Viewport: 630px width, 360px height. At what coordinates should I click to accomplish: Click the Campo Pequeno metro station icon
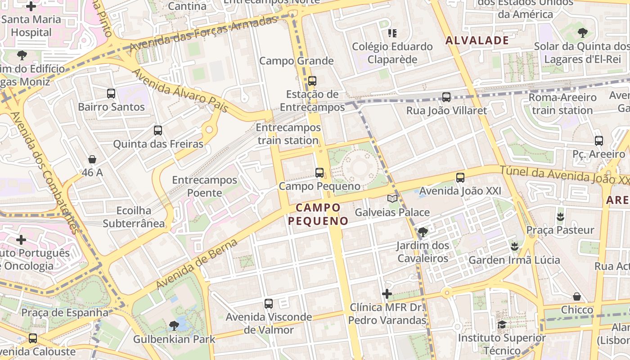pos(319,172)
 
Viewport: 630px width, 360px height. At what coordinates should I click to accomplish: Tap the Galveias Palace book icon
pos(392,198)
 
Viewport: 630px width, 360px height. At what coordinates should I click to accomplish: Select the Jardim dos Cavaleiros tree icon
pos(423,232)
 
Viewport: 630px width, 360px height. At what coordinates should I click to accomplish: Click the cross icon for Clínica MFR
pos(387,294)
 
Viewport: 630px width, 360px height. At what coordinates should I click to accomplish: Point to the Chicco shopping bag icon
pos(577,297)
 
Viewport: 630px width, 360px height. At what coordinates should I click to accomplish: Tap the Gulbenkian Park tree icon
pos(174,325)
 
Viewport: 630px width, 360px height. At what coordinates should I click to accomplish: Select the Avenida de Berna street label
pos(197,264)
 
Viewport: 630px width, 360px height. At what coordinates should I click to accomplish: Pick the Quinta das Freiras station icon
pos(157,130)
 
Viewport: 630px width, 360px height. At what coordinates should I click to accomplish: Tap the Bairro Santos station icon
pos(111,94)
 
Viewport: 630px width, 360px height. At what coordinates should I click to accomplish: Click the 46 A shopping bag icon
pos(92,159)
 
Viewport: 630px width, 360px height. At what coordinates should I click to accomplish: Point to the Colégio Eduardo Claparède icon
pos(392,33)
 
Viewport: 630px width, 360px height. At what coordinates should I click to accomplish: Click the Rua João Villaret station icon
pos(446,97)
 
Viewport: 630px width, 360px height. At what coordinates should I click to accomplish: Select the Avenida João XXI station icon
pos(460,178)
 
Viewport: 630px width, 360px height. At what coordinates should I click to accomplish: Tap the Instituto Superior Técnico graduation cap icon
pos(502,324)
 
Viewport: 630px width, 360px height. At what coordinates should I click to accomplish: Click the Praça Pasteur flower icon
pos(560,217)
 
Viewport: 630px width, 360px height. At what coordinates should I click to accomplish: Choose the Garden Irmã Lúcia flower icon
pos(514,247)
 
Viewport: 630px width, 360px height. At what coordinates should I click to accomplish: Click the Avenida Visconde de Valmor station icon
pos(269,303)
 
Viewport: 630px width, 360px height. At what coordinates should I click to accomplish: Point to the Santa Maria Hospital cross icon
pos(31,6)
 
